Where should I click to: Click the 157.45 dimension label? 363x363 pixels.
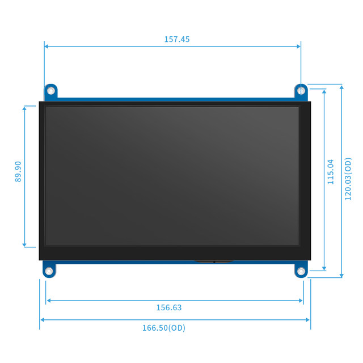click(x=177, y=39)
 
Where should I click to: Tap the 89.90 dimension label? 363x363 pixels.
click(x=18, y=171)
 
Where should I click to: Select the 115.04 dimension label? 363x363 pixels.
click(x=331, y=172)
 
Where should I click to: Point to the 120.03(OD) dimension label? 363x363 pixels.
click(x=348, y=179)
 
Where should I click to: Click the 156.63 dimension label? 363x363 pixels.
click(x=169, y=307)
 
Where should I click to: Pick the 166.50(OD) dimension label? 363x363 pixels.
click(x=164, y=328)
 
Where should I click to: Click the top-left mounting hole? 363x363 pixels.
click(x=51, y=91)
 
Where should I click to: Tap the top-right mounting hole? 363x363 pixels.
click(x=301, y=91)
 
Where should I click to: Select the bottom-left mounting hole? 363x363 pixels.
click(x=49, y=271)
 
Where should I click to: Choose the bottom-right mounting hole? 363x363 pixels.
click(x=301, y=271)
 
